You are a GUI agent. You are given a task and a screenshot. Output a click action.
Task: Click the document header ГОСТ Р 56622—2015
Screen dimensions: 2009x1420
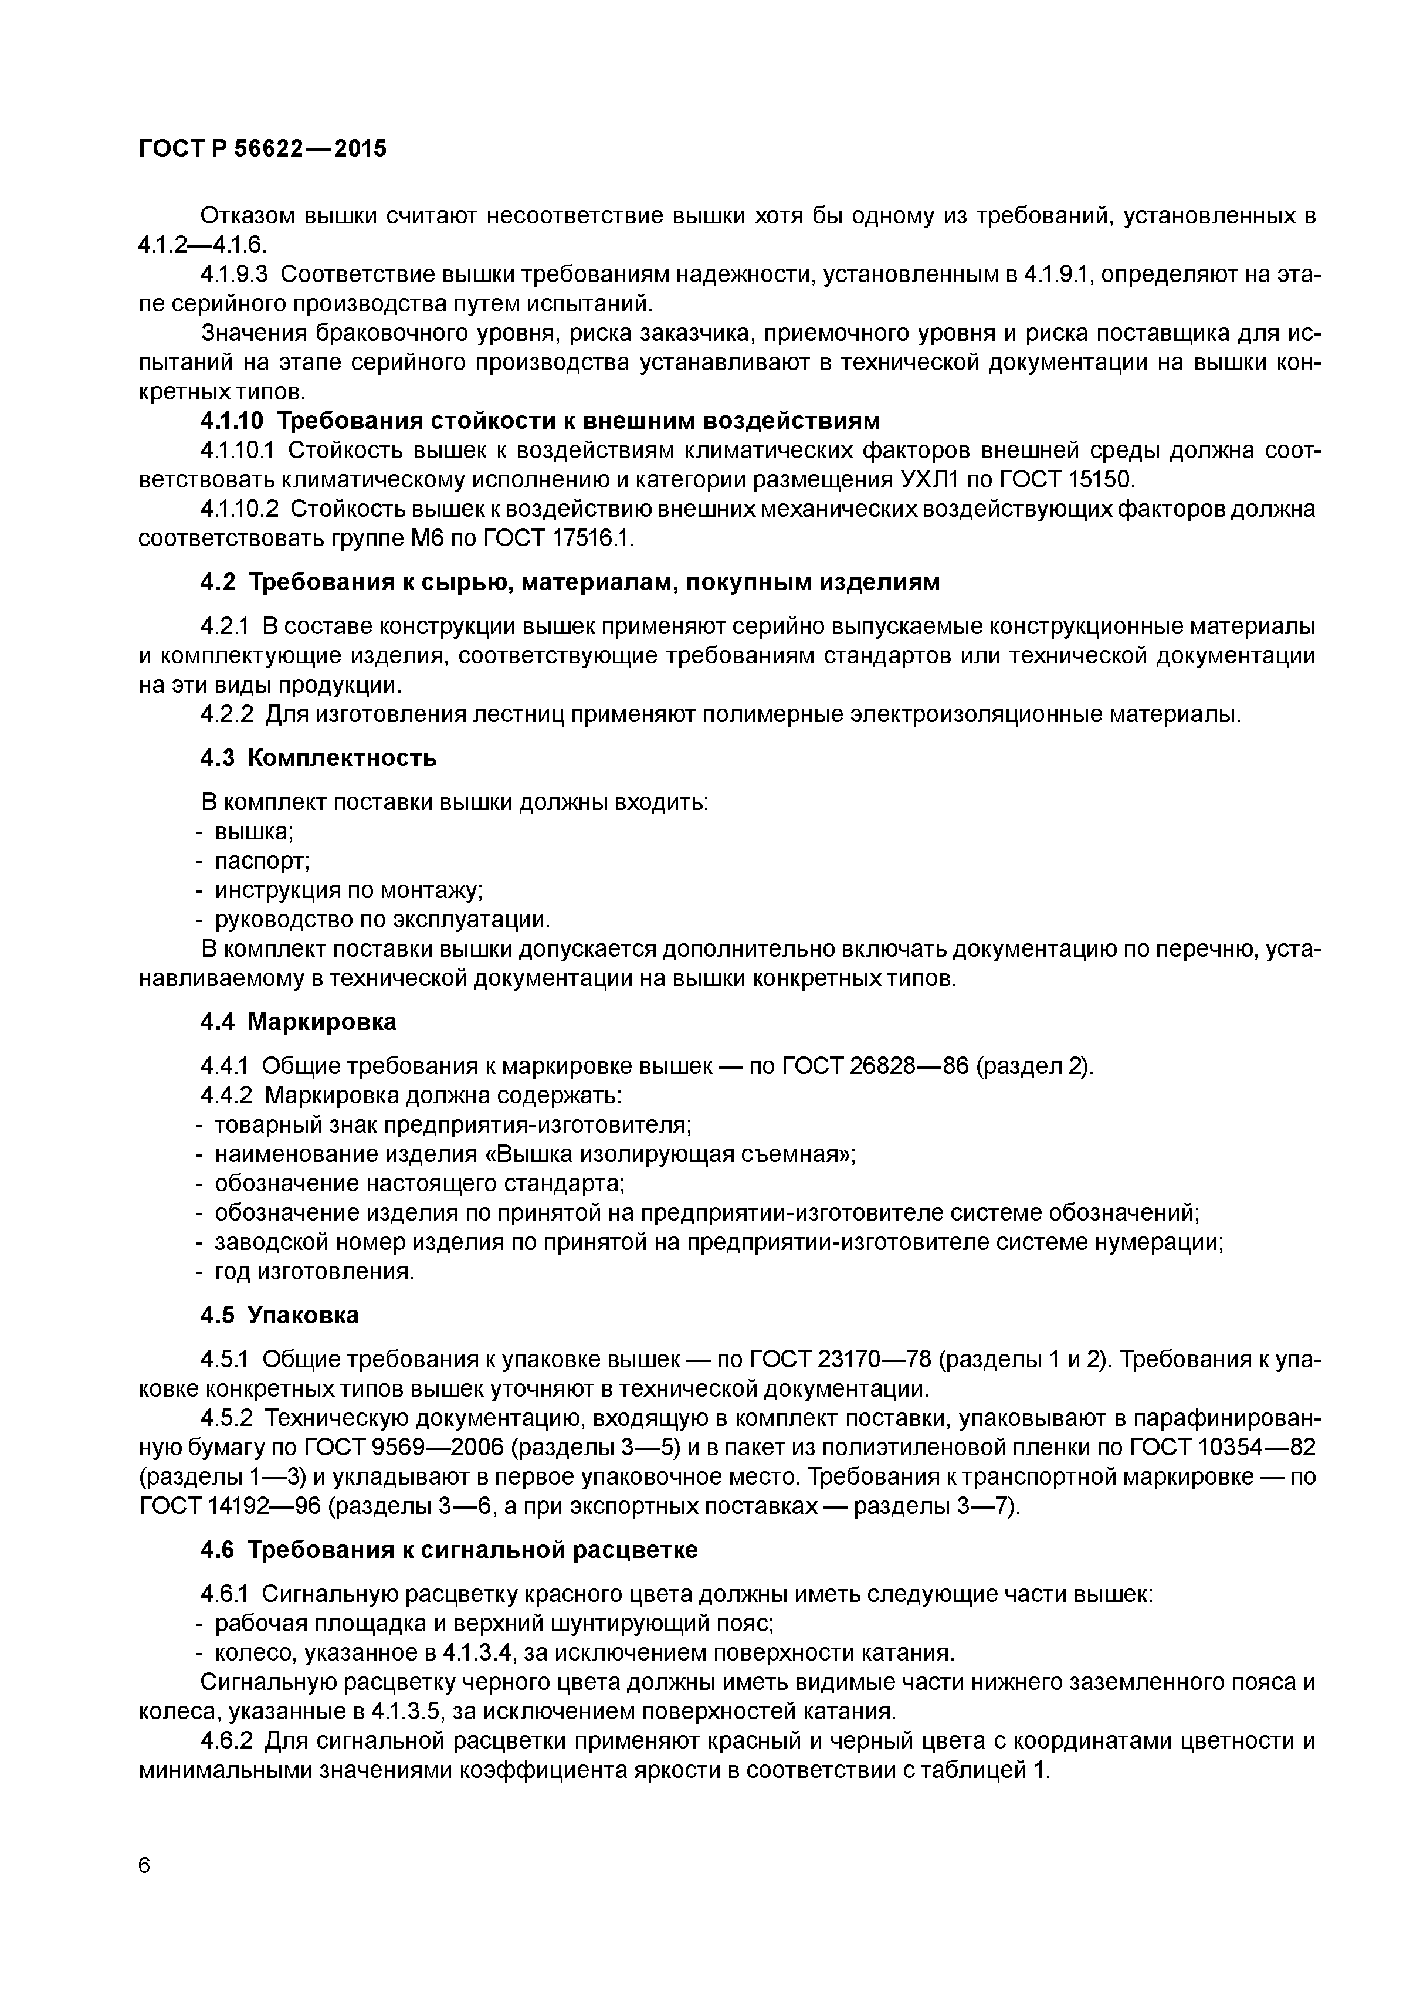click(263, 150)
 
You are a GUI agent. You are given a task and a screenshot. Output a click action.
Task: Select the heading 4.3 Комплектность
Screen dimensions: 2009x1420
click(318, 758)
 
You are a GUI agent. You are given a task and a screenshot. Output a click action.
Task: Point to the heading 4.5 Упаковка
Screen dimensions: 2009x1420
click(280, 1315)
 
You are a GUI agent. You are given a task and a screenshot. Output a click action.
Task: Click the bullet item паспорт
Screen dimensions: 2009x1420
click(263, 861)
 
